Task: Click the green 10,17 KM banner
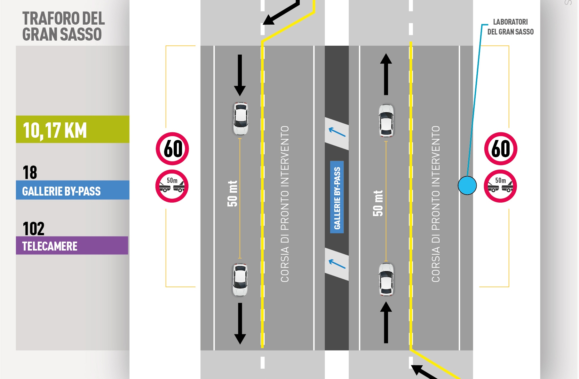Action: [73, 129]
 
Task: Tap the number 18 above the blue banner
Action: [30, 173]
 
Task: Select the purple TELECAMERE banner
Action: [72, 246]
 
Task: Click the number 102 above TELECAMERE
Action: [34, 229]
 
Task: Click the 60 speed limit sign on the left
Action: [172, 149]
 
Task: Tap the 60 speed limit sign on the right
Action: [501, 149]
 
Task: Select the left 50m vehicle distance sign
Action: [172, 186]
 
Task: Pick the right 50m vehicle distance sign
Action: [500, 186]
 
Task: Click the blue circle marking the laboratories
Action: [467, 185]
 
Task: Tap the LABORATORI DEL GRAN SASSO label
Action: [510, 27]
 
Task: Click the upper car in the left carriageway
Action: [241, 119]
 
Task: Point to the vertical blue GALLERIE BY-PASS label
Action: [337, 197]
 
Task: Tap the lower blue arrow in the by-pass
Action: [337, 264]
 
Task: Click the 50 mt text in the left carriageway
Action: [233, 194]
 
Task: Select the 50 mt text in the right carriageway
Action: [378, 203]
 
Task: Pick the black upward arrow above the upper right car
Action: [386, 74]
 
